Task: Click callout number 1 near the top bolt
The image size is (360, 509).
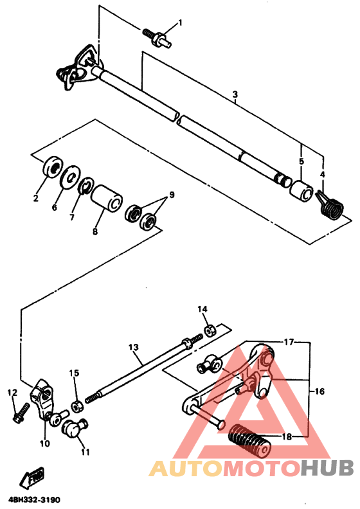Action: (x=180, y=23)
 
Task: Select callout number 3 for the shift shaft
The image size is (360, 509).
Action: (x=235, y=94)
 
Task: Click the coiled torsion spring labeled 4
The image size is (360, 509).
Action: (x=332, y=207)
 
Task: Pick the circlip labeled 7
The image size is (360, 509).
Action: (x=82, y=187)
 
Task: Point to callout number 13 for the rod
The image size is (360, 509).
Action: (x=134, y=348)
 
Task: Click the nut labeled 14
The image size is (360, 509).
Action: (x=210, y=330)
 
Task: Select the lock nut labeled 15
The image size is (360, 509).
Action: (x=76, y=406)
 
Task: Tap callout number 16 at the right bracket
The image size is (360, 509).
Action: (x=319, y=390)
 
